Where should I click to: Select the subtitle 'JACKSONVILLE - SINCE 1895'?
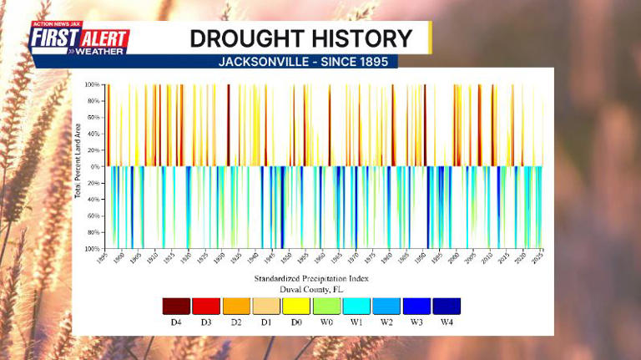[303, 62]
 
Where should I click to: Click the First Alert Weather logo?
[79, 38]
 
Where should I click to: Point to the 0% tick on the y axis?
[94, 166]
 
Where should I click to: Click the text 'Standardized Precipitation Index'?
[314, 278]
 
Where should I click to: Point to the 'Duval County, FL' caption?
[313, 289]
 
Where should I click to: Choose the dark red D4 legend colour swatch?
[176, 306]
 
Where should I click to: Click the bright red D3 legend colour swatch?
[206, 306]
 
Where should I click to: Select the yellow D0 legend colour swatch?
[296, 306]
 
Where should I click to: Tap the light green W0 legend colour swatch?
[326, 306]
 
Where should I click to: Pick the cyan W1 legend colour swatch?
[356, 306]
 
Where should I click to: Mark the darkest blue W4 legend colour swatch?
[447, 306]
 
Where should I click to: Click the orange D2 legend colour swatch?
[236, 306]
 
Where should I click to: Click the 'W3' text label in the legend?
[416, 322]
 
